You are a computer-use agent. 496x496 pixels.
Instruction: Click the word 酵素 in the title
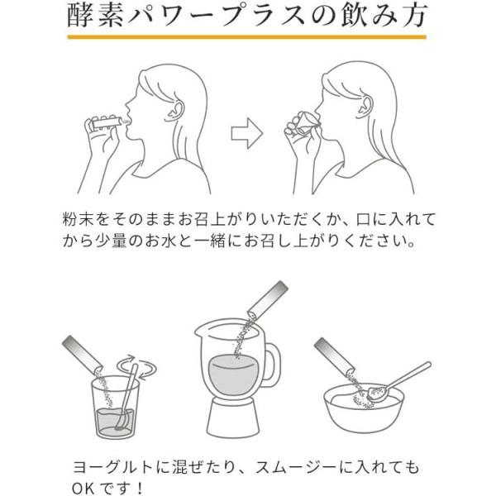pyautogui.click(x=95, y=16)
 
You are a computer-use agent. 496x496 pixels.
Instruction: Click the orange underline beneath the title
pyautogui.click(x=246, y=37)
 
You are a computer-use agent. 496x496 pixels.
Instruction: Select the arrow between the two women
pyautogui.click(x=247, y=133)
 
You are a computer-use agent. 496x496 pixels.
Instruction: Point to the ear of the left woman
pyautogui.click(x=174, y=112)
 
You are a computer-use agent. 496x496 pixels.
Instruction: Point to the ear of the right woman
pyautogui.click(x=365, y=107)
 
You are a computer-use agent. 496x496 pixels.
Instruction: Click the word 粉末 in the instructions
pyautogui.click(x=78, y=220)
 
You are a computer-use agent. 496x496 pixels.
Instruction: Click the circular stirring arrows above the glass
pyautogui.click(x=136, y=366)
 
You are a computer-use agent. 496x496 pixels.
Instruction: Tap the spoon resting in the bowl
pyautogui.click(x=399, y=382)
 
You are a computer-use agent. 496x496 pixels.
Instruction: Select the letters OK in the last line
pyautogui.click(x=83, y=489)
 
